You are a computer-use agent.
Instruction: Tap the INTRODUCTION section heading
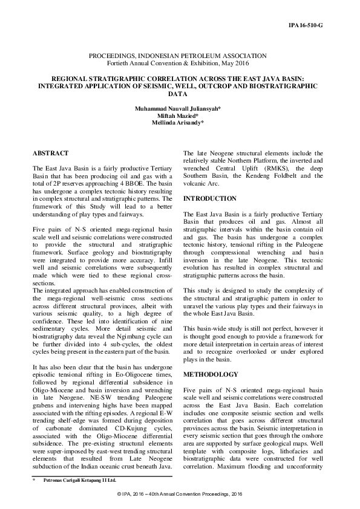tap(209, 199)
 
